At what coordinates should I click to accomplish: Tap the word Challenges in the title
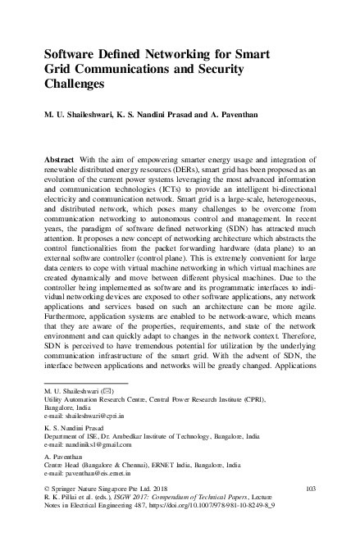pyautogui.click(x=77, y=83)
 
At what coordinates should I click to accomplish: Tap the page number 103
pyautogui.click(x=310, y=489)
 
